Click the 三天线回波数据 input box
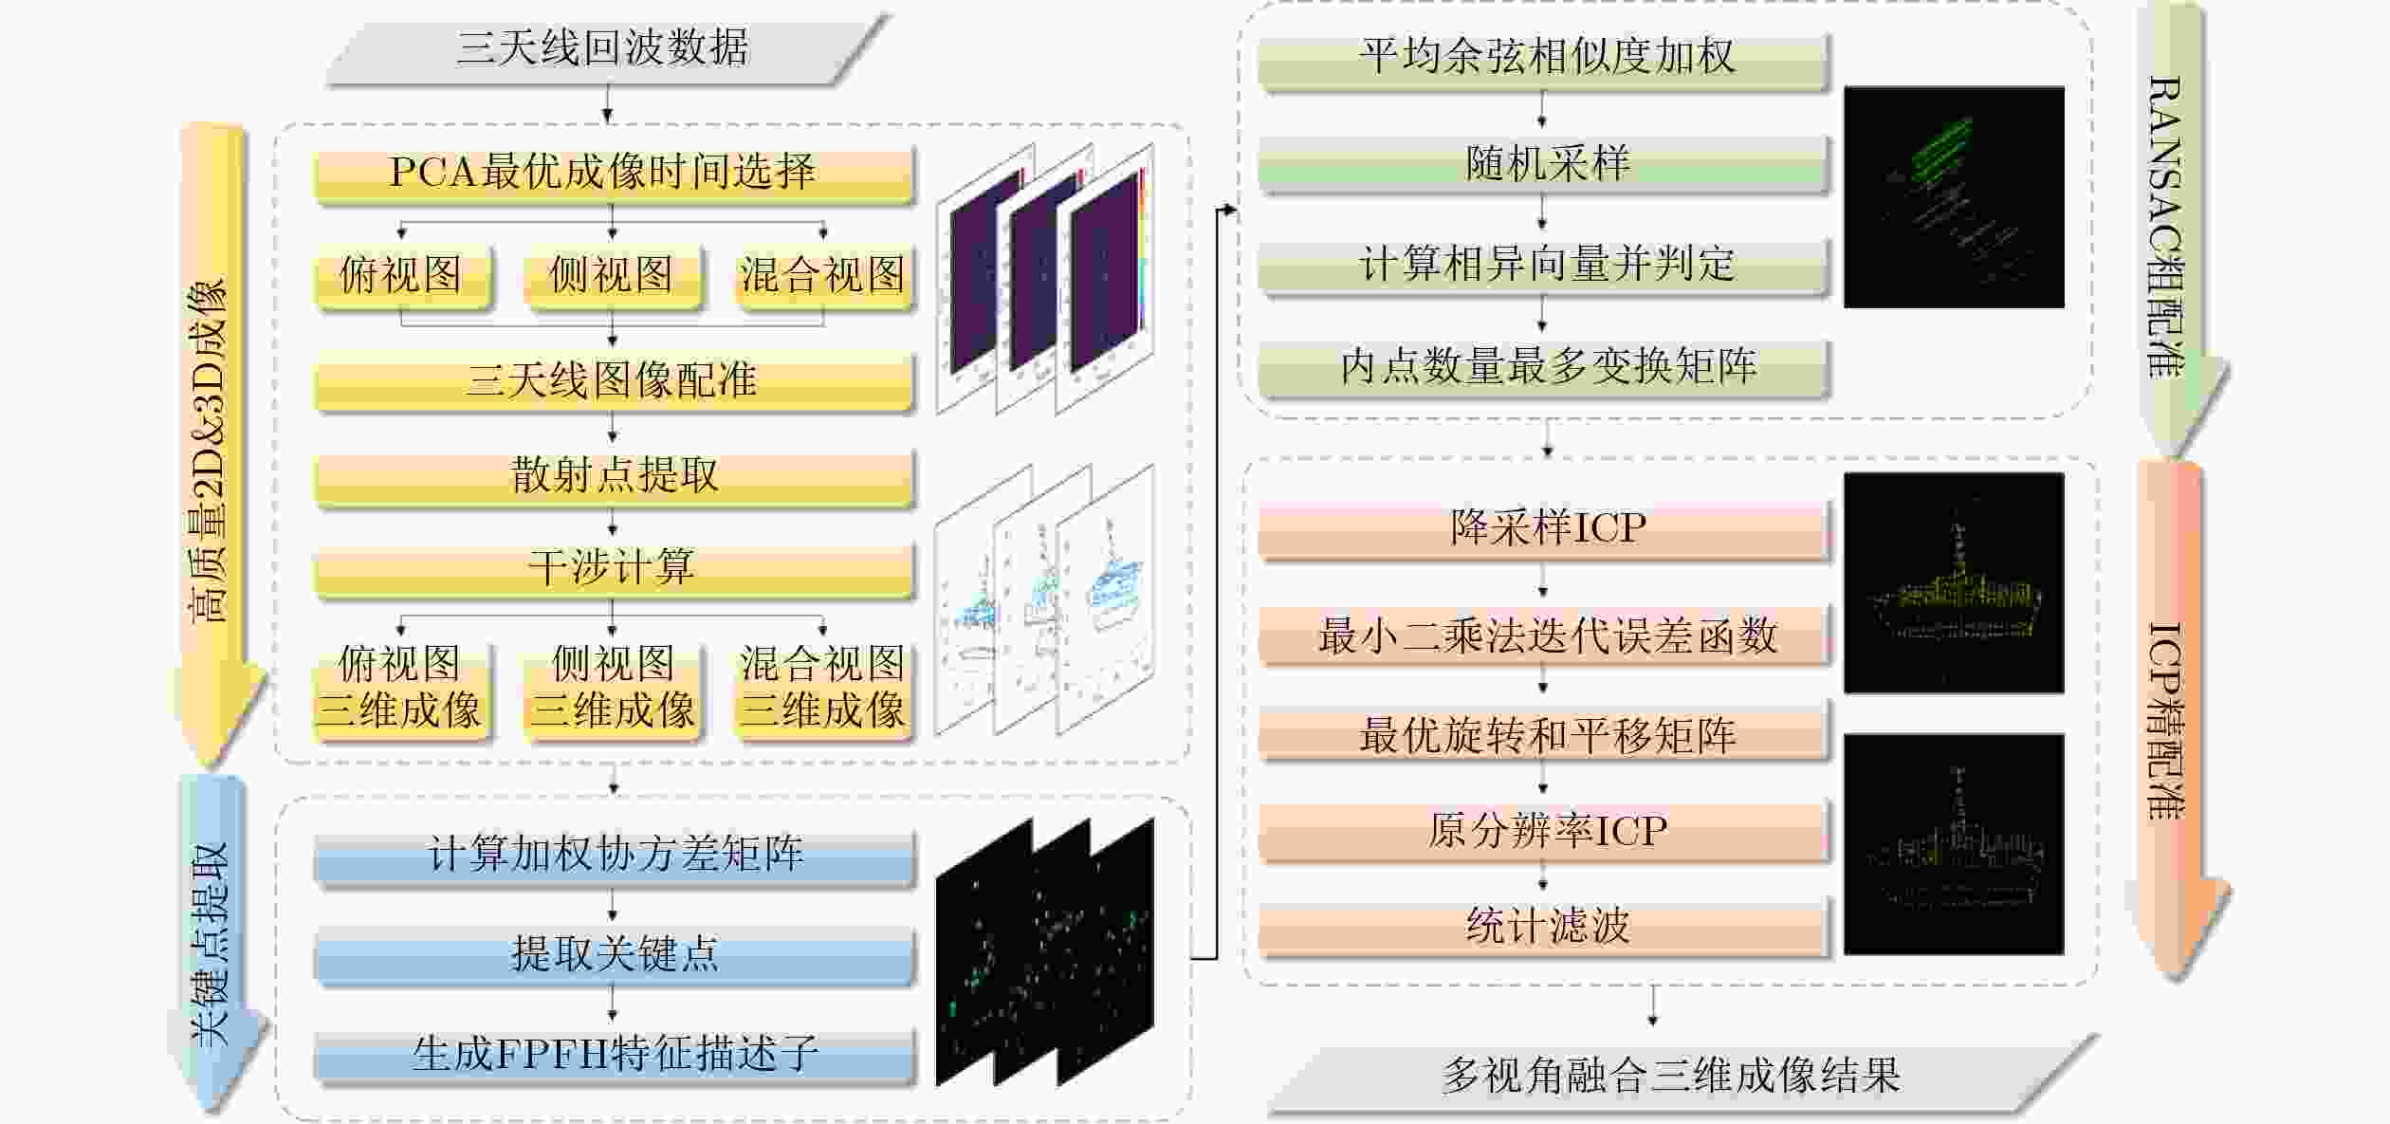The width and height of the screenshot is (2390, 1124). click(603, 47)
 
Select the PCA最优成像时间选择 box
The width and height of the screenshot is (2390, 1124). click(613, 173)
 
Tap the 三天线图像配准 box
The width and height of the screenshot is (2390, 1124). click(613, 381)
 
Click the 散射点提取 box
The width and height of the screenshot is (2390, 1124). click(613, 476)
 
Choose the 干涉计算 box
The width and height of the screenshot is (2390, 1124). click(613, 568)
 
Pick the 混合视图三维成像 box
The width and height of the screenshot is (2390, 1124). click(822, 689)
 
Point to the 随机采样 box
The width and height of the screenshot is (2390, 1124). click(1544, 163)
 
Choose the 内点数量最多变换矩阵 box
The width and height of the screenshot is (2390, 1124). click(1544, 367)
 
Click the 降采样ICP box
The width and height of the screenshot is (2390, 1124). click(1544, 528)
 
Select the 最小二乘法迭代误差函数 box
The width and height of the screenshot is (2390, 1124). click(1544, 636)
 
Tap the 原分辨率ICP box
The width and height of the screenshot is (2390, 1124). click(1544, 832)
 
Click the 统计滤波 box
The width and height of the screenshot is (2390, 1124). click(1544, 926)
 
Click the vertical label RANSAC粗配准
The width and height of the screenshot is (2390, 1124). click(2166, 228)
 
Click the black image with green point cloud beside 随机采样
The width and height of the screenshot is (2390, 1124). click(1954, 197)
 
